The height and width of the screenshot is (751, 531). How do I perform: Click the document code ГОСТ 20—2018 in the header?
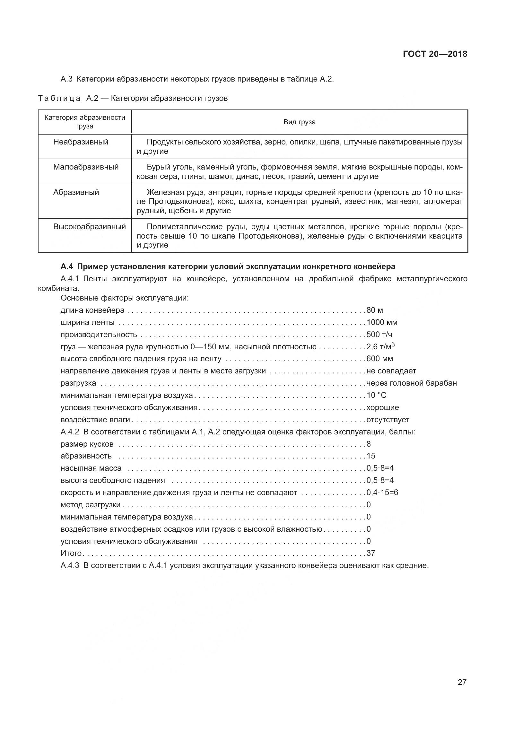pyautogui.click(x=435, y=54)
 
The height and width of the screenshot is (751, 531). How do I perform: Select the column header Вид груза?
pyautogui.click(x=299, y=122)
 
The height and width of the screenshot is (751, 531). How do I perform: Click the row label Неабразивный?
pyautogui.click(x=81, y=142)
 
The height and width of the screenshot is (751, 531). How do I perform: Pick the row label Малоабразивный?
pyautogui.click(x=86, y=167)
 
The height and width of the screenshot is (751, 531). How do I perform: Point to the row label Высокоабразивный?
pyautogui.click(x=89, y=227)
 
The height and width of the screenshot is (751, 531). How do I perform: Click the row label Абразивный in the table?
pyautogui.click(x=76, y=192)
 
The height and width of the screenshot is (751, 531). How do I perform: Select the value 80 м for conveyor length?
pyautogui.click(x=374, y=310)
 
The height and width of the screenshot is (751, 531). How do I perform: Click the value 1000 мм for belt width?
pyautogui.click(x=382, y=322)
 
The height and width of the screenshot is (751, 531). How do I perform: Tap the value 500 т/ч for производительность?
pyautogui.click(x=379, y=335)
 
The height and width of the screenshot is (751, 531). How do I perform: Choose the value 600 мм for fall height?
pyautogui.click(x=379, y=359)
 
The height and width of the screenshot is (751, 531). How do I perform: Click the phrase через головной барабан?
pyautogui.click(x=411, y=383)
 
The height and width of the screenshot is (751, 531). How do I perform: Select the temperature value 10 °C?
pyautogui.click(x=376, y=396)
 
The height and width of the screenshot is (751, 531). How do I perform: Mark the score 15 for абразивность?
pyautogui.click(x=371, y=456)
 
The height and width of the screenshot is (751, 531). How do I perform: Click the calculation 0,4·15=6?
pyautogui.click(x=382, y=493)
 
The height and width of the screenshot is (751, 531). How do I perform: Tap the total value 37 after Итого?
pyautogui.click(x=371, y=553)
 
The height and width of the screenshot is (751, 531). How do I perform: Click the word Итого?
pyautogui.click(x=71, y=553)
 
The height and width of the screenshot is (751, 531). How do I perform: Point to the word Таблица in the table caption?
pyautogui.click(x=59, y=99)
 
